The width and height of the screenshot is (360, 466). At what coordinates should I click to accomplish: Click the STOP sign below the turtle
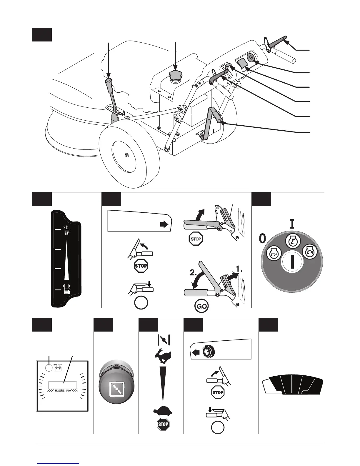(x=163, y=424)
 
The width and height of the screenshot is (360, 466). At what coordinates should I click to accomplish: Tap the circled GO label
(x=201, y=306)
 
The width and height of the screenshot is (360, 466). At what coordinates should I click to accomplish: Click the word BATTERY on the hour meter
(x=58, y=365)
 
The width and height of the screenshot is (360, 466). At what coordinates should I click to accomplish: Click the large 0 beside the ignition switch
(x=262, y=239)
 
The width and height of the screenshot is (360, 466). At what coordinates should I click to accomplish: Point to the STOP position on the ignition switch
(x=274, y=253)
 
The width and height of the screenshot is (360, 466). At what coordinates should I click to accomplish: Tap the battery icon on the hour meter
(x=58, y=369)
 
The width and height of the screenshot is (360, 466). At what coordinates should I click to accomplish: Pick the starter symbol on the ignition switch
(x=310, y=252)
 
